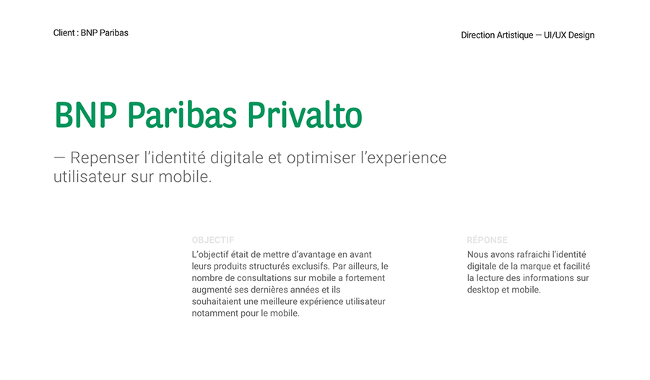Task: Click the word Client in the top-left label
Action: pyautogui.click(x=64, y=33)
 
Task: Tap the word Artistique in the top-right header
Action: pyautogui.click(x=515, y=35)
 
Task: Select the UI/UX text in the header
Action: pyautogui.click(x=555, y=35)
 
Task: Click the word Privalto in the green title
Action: pyautogui.click(x=305, y=115)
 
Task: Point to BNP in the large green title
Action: pyautogui.click(x=86, y=115)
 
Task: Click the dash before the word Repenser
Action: pyautogui.click(x=59, y=157)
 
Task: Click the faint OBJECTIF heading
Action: pyautogui.click(x=212, y=240)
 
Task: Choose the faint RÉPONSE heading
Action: pyautogui.click(x=487, y=240)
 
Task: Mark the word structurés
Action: pyautogui.click(x=270, y=266)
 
